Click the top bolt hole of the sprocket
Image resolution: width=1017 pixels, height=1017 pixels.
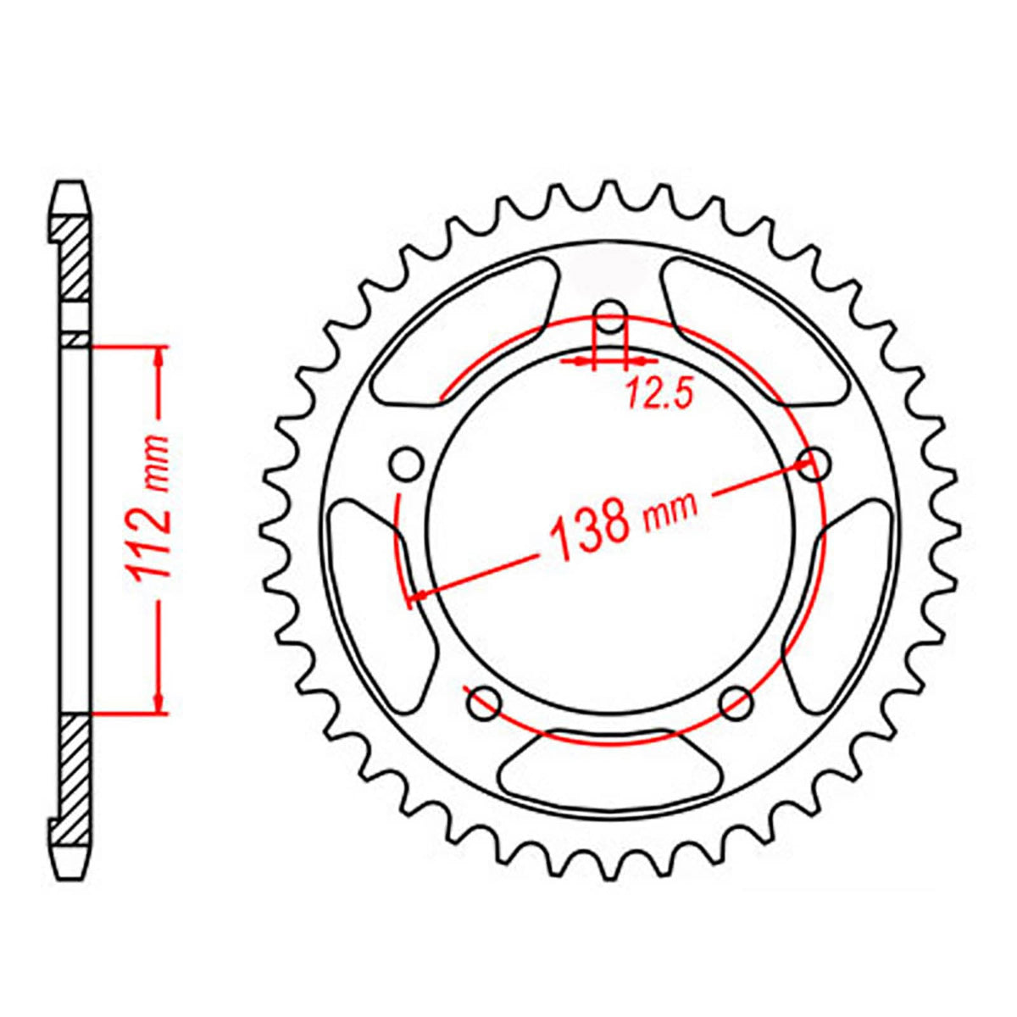coord(610,323)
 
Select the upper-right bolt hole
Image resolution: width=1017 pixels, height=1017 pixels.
coord(815,464)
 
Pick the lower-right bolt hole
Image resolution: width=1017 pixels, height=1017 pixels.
coord(736,702)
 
